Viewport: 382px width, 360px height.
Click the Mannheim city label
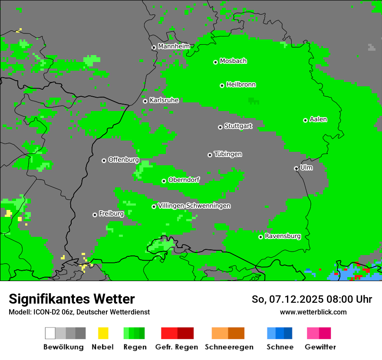tap(174, 46)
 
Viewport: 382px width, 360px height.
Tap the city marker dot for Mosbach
tap(215, 62)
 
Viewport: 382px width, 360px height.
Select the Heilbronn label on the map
tap(241, 85)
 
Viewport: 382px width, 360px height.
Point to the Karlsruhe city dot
tap(145, 101)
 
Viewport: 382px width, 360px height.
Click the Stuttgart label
tap(238, 126)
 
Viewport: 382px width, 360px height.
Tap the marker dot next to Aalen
tap(305, 120)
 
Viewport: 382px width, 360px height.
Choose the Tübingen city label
tap(228, 154)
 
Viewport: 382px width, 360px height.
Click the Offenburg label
tap(123, 160)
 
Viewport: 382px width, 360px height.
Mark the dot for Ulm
tap(296, 168)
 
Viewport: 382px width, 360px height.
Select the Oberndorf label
tap(184, 180)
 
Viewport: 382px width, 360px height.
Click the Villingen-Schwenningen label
tap(194, 206)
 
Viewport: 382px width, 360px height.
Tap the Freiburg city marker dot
tap(95, 215)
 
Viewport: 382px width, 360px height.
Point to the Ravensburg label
tap(283, 236)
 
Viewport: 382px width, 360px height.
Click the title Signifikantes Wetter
tap(72, 299)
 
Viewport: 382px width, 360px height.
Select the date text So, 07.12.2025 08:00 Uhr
tap(312, 299)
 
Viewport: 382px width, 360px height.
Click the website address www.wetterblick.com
tap(313, 312)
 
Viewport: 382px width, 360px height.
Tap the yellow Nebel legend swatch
tap(103, 333)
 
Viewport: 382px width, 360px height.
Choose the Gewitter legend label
tap(320, 347)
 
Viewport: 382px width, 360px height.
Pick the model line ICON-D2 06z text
tap(79, 312)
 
